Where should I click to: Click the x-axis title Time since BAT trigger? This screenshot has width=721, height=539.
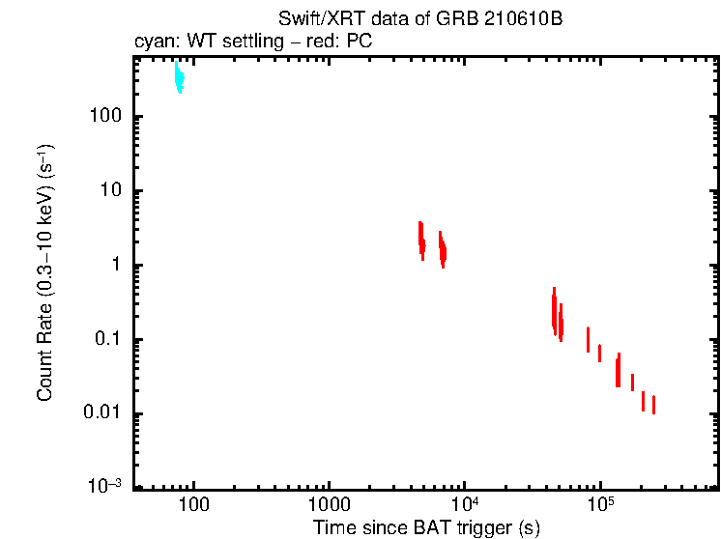(426, 527)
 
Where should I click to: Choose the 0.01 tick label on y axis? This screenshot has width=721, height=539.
(101, 414)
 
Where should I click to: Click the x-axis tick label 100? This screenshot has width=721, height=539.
(194, 505)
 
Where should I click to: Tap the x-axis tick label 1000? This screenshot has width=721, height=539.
(329, 505)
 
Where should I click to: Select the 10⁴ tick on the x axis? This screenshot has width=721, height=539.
(465, 504)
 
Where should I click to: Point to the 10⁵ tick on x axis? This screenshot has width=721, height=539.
(601, 504)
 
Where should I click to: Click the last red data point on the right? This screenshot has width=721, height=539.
(653, 405)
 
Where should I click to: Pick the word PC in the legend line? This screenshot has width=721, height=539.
(360, 42)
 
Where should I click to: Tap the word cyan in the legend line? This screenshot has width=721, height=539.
(153, 42)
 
